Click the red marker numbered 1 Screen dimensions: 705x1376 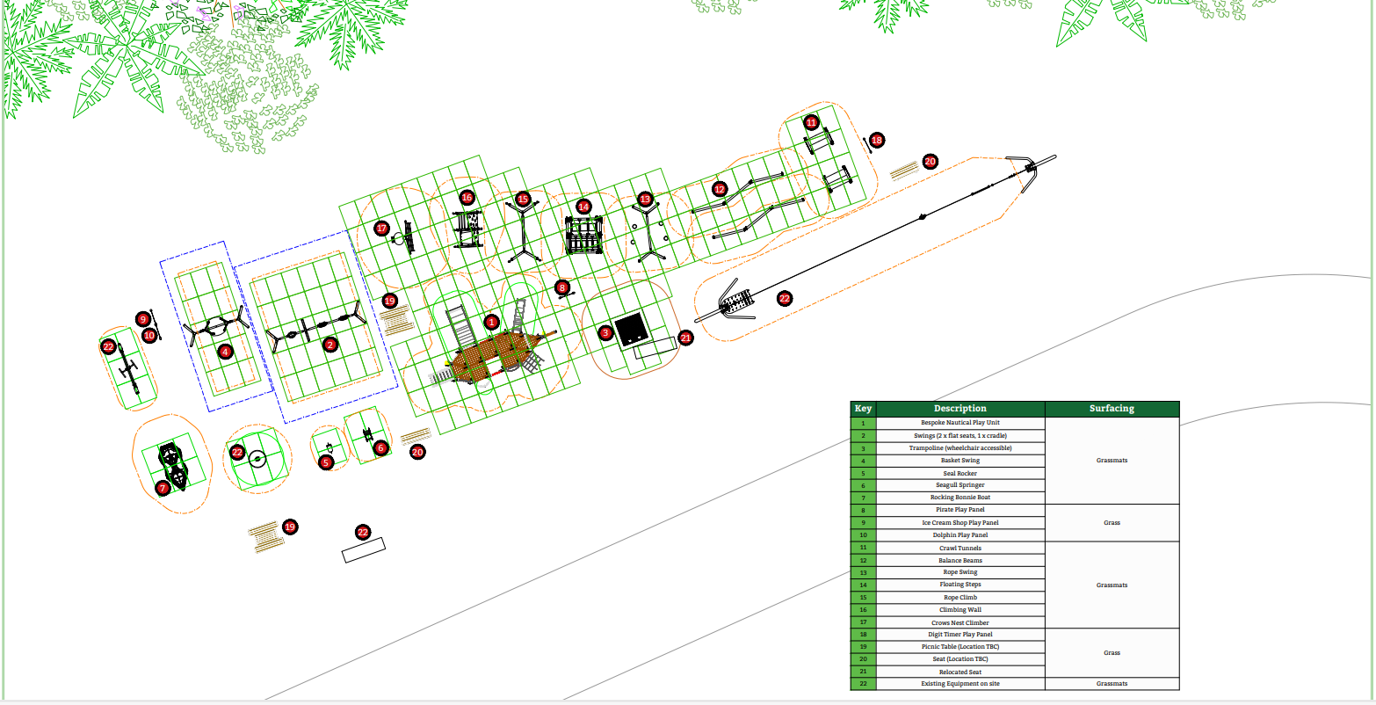491,323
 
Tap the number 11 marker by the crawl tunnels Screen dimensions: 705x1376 811,122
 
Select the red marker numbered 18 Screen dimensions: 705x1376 876,140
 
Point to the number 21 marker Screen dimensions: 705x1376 686,337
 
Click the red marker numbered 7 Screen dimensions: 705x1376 163,487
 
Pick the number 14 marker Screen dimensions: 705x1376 583,207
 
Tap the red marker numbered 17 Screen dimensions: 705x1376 381,228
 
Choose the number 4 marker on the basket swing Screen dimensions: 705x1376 226,352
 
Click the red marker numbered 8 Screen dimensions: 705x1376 562,287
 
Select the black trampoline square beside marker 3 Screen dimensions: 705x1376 632,330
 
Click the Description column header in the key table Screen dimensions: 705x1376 960,409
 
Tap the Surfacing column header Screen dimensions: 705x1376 1112,409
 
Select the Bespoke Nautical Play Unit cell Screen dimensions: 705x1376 960,423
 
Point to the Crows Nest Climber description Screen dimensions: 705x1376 960,622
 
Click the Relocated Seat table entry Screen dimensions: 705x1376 960,672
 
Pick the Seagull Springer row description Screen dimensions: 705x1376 960,485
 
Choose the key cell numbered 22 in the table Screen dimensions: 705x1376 863,684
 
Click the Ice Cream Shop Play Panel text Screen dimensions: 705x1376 960,522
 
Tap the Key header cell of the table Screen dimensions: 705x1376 863,409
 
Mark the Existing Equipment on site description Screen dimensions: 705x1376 960,684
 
